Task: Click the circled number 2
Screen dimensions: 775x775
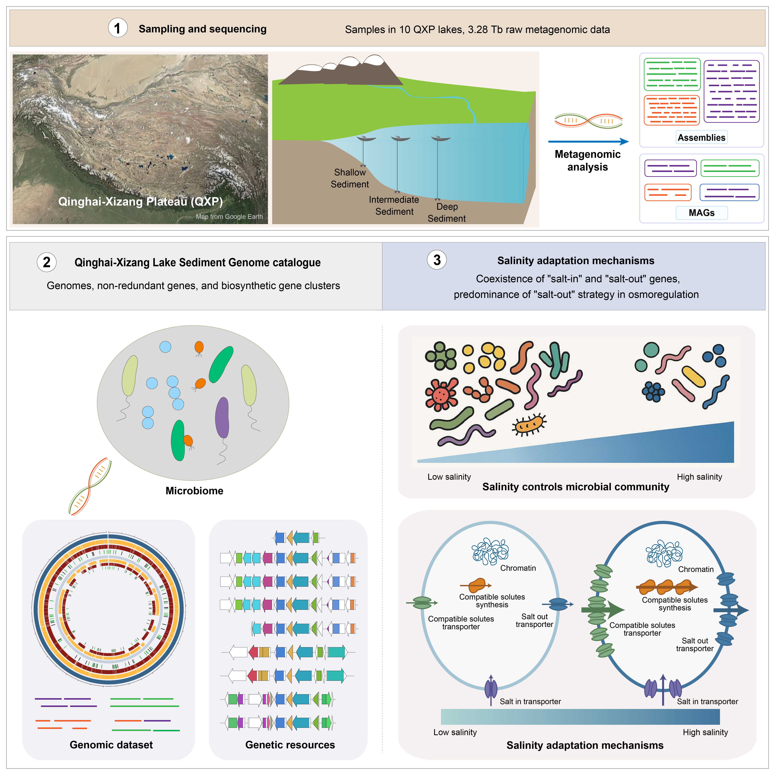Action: coord(46,262)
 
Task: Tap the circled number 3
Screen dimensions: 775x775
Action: coord(437,260)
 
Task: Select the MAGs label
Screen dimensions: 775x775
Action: coord(701,213)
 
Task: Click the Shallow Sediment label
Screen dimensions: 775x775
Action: coord(350,178)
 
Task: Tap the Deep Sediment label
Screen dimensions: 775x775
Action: coord(446,213)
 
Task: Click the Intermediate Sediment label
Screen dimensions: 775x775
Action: coord(394,205)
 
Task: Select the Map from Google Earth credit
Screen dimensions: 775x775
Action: coord(229,217)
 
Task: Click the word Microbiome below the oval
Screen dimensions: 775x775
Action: coord(194,491)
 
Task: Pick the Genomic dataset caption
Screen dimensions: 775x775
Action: coord(111,745)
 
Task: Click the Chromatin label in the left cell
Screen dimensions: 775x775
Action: coord(518,568)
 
